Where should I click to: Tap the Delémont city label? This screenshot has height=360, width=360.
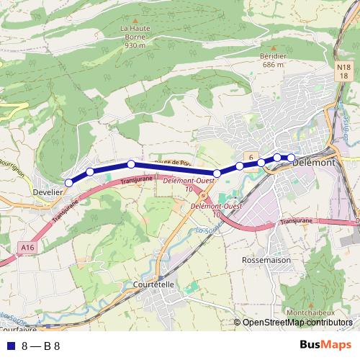tap(316, 163)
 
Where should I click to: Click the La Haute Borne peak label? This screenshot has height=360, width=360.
tap(135, 37)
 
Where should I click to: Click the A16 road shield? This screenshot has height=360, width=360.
tap(27, 248)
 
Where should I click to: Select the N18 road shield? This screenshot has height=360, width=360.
tap(344, 71)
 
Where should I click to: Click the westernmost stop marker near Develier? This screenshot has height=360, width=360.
tap(68, 183)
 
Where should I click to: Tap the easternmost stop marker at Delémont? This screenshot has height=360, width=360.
tap(291, 158)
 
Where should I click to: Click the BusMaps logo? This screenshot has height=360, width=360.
tap(325, 346)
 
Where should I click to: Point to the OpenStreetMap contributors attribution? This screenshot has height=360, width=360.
tap(297, 323)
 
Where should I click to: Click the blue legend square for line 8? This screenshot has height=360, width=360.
tap(9, 346)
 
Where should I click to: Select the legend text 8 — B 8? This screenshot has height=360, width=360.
tap(40, 346)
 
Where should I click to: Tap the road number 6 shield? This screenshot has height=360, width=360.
tap(250, 156)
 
